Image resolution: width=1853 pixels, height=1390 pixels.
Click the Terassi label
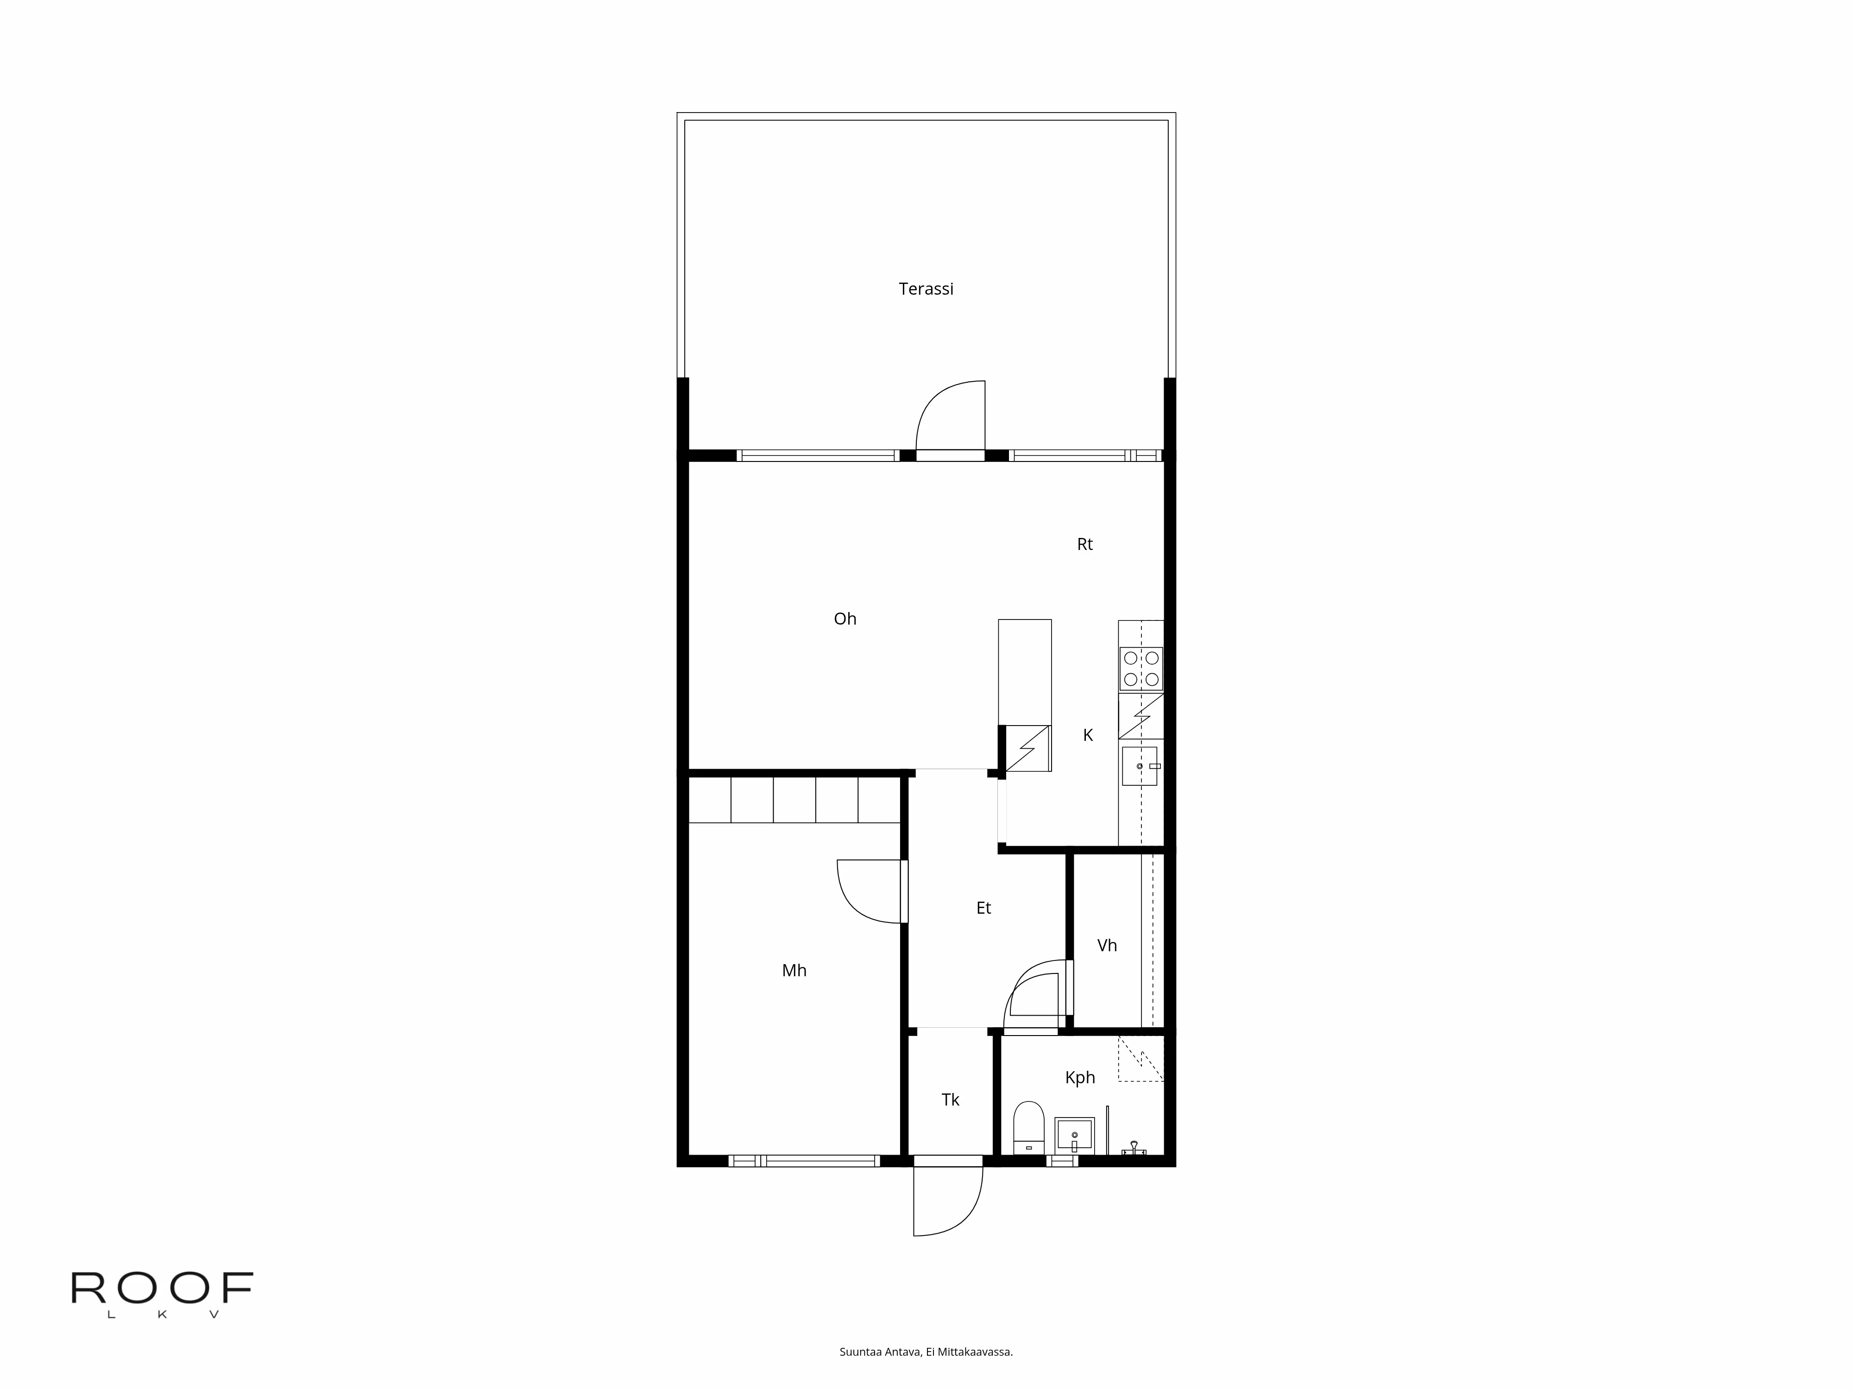(926, 289)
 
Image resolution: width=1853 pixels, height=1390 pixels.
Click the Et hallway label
(983, 908)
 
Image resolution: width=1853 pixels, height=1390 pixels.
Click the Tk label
(950, 1100)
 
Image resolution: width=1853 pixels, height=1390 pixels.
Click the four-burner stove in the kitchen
(1141, 669)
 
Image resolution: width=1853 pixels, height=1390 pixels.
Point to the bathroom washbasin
(1074, 1136)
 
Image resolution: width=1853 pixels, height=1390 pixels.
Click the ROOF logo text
(162, 1288)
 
